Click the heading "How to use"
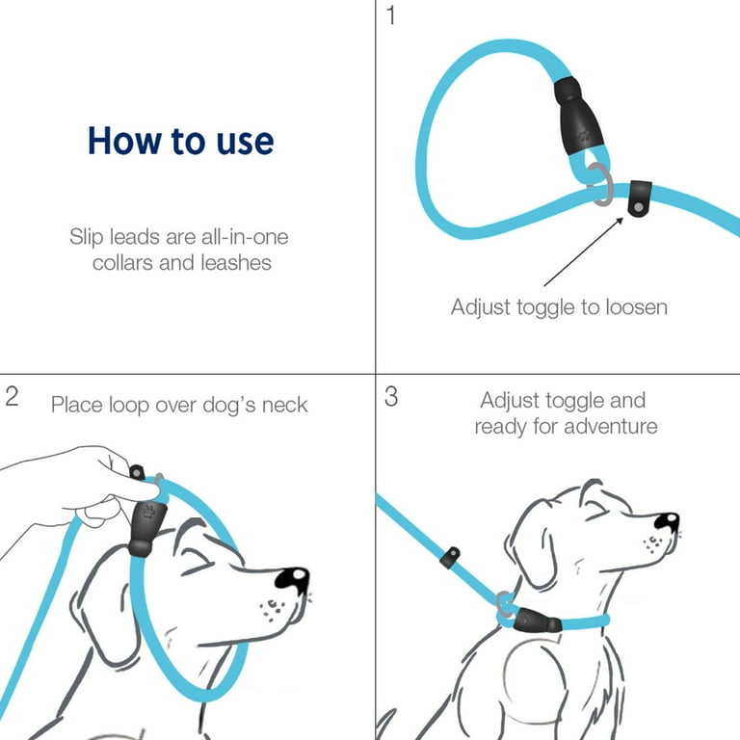point(180,141)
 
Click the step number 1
point(390,17)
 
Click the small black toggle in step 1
point(639,198)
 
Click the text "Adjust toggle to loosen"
point(559,307)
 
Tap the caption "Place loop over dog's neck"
point(179,404)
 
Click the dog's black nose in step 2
point(291,578)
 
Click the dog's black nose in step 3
point(666,522)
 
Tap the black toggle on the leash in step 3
point(448,557)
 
